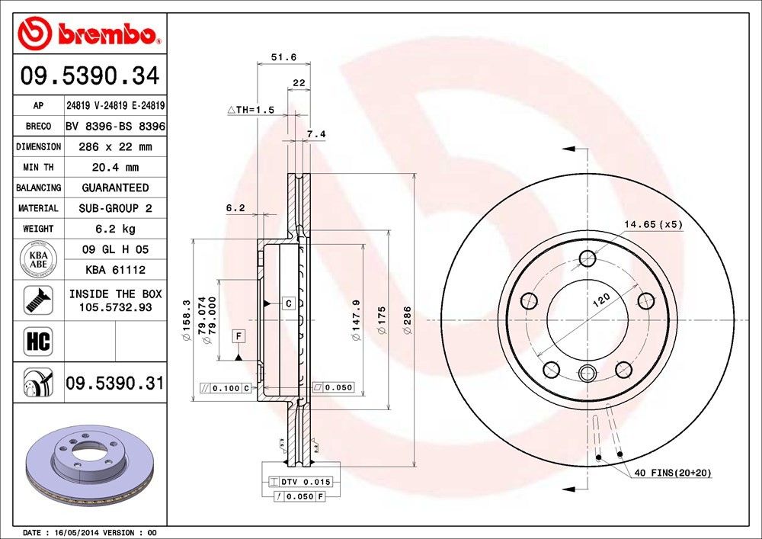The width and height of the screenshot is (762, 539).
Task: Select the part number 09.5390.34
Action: click(x=90, y=76)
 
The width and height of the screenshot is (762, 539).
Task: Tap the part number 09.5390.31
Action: click(x=114, y=383)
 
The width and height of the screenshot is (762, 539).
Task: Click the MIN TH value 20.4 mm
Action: click(x=115, y=167)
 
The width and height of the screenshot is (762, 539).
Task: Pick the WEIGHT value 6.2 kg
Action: click(x=115, y=228)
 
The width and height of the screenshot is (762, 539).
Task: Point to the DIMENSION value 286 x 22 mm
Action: click(x=115, y=146)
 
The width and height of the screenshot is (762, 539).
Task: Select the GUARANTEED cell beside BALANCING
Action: click(x=115, y=188)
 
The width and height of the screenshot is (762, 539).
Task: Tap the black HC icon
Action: click(x=38, y=341)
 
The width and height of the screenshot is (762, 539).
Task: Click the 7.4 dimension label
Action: click(x=315, y=134)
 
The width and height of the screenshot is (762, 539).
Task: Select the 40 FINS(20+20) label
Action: click(x=672, y=473)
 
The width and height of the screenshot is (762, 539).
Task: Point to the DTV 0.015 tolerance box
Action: click(x=300, y=482)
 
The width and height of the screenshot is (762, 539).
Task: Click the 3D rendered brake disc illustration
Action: click(x=90, y=466)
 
